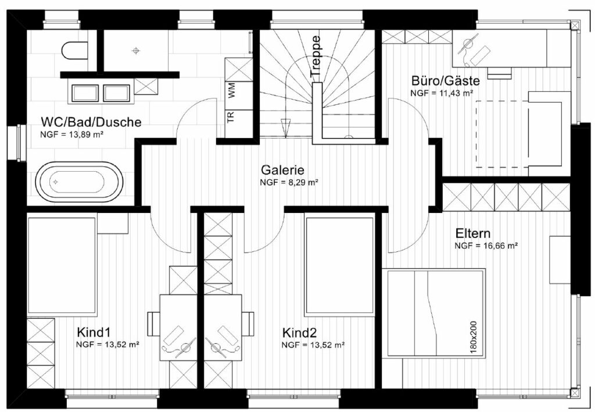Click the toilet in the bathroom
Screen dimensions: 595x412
74,51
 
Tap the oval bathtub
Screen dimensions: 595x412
80,182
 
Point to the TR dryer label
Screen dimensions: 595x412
230,116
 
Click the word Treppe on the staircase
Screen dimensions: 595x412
316,56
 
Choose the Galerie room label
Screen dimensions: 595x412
282,170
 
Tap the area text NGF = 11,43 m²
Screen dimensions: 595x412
442,93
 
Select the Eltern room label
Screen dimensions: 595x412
473,233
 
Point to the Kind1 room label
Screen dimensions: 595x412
94,332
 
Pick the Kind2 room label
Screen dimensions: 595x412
299,333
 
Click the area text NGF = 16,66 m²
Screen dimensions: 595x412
486,246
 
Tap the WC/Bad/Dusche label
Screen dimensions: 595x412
91,122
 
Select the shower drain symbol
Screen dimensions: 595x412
136,50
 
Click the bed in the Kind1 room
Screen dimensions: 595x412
62,265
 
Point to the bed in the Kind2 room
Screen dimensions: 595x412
339,266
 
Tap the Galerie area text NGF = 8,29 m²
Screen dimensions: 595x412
289,183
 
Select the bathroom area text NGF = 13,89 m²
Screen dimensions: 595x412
72,134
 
